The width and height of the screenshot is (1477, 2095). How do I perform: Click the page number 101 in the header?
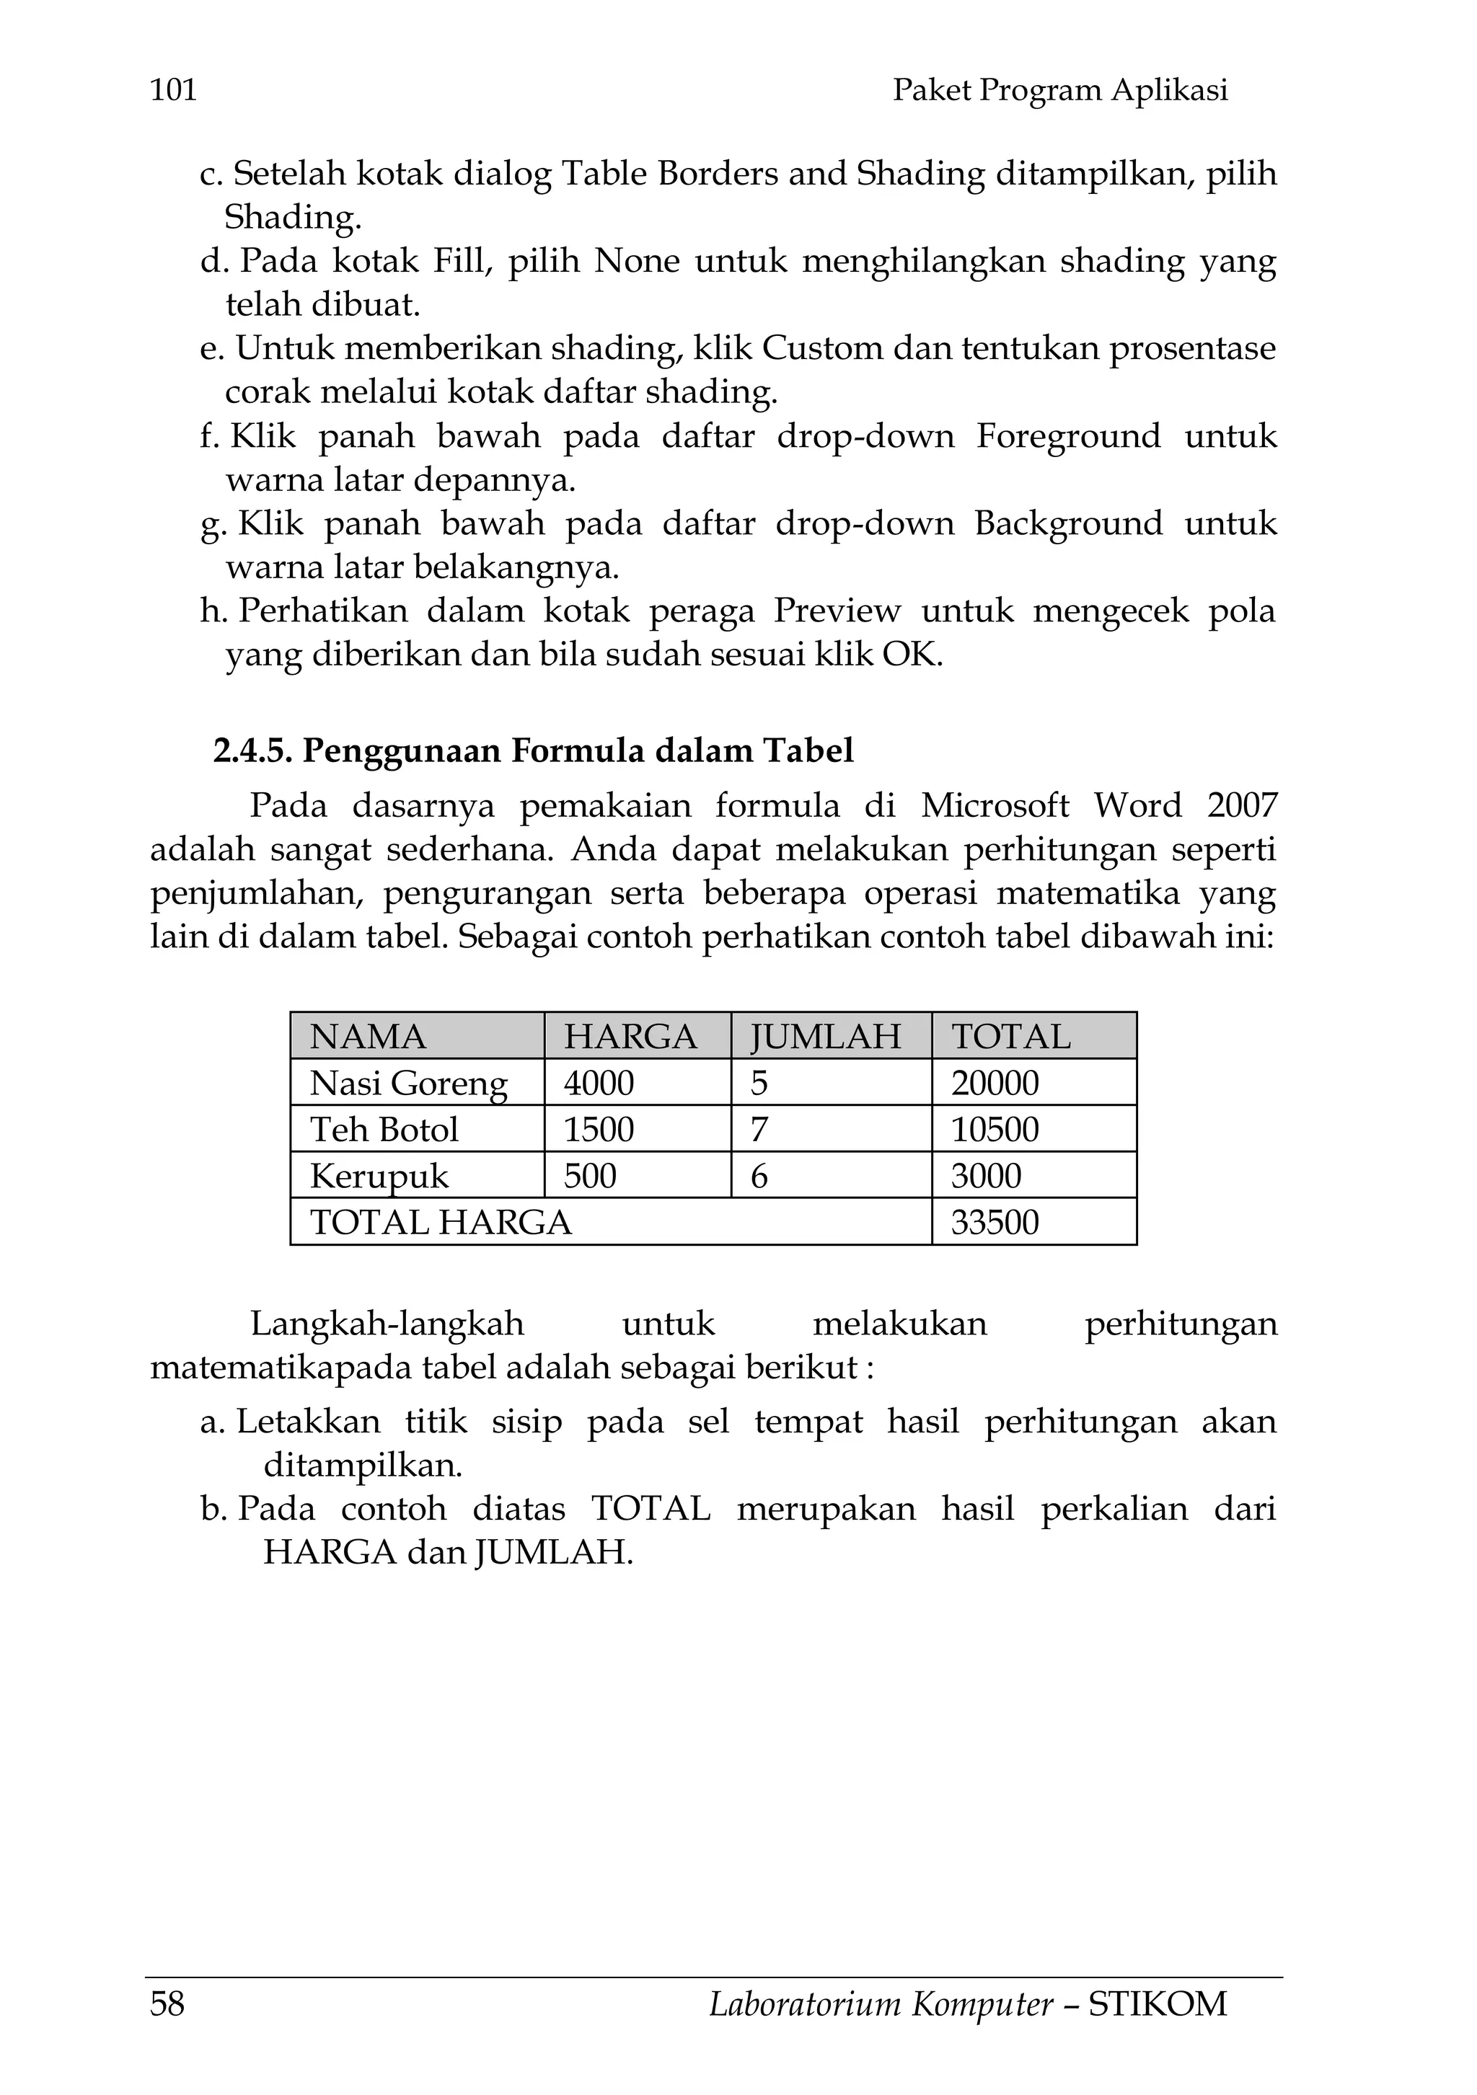pos(173,89)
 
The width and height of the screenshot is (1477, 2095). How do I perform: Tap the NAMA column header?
pos(368,1037)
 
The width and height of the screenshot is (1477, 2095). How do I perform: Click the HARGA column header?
pos(630,1037)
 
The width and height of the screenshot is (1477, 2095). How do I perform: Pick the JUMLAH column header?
pos(825,1037)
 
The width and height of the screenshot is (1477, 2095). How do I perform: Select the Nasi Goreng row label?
pos(408,1083)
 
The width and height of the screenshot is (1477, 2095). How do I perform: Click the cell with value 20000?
pos(995,1083)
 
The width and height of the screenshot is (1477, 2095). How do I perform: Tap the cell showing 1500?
pos(599,1130)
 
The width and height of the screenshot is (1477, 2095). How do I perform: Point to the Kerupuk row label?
pos(379,1176)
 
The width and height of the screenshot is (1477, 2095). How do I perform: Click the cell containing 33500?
pos(995,1223)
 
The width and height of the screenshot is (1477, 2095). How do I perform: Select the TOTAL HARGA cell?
pos(441,1223)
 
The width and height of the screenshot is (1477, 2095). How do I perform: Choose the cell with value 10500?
pos(995,1130)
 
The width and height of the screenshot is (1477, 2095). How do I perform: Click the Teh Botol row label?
pos(384,1130)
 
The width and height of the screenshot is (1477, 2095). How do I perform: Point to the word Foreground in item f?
pos(1068,437)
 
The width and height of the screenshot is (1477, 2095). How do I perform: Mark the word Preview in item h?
pos(837,611)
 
